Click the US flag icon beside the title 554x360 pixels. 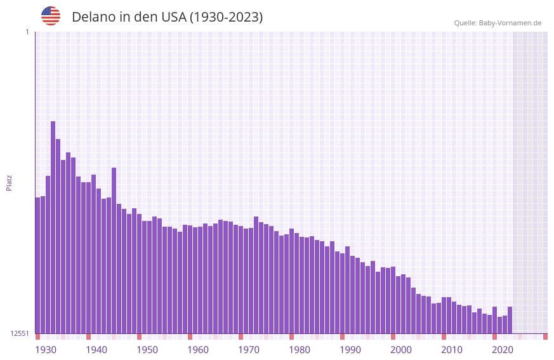[x=51, y=16]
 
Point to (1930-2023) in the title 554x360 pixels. [x=226, y=17]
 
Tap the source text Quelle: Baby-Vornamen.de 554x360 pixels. [x=498, y=23]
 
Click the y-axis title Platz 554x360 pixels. [x=9, y=182]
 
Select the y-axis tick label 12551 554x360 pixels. [x=20, y=333]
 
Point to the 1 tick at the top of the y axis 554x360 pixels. [x=27, y=32]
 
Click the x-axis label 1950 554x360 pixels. [x=147, y=350]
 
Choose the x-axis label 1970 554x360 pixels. [x=249, y=350]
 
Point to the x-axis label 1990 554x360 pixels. [x=350, y=350]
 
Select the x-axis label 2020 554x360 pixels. [x=503, y=350]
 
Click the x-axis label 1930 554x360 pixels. [x=46, y=350]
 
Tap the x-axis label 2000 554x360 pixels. [x=401, y=350]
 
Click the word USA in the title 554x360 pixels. [x=173, y=17]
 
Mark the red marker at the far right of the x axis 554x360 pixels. [x=545, y=337]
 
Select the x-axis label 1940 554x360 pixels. [x=96, y=350]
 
